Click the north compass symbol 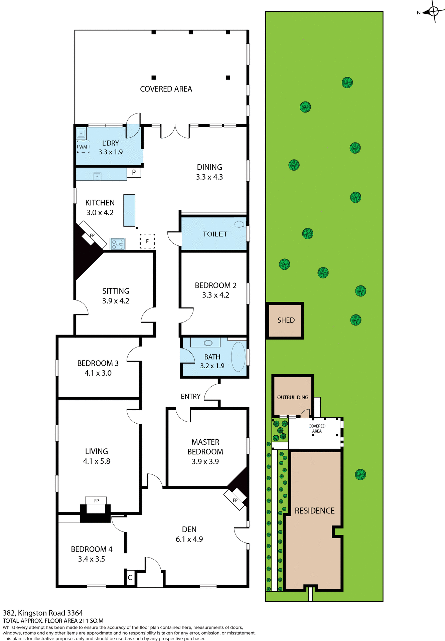click(433, 12)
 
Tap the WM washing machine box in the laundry click(83, 147)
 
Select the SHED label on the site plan click(286, 320)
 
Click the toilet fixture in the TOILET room click(240, 224)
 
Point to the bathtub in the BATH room click(238, 357)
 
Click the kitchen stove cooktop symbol click(118, 244)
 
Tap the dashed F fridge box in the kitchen click(147, 241)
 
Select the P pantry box click(134, 173)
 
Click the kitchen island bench click(129, 210)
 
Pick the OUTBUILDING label click(293, 397)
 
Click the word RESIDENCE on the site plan click(315, 510)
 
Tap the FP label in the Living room click(96, 501)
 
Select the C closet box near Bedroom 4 click(130, 578)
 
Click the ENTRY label click(190, 396)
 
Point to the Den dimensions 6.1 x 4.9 click(189, 539)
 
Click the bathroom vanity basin click(208, 343)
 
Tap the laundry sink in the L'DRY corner click(81, 134)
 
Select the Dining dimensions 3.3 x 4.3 click(209, 177)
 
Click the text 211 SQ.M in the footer click(91, 621)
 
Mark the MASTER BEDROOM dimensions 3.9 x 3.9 click(205, 461)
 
